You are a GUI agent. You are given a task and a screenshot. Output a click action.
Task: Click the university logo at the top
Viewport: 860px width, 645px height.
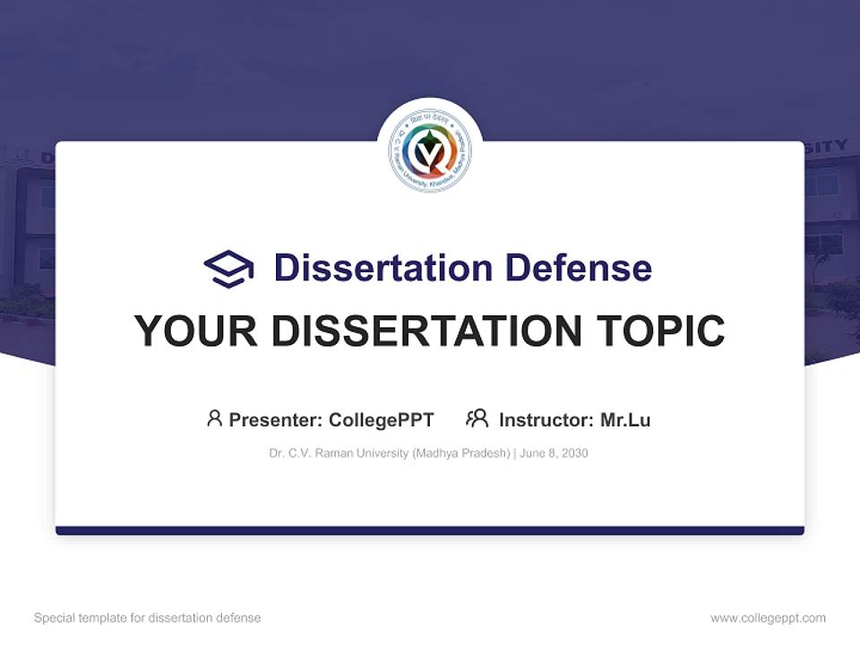click(430, 151)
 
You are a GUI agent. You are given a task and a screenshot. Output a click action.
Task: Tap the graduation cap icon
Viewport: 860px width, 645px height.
click(228, 268)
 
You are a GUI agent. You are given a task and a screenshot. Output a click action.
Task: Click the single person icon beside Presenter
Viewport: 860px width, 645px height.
click(214, 418)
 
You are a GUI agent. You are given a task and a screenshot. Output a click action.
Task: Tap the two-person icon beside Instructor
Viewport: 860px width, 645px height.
click(477, 418)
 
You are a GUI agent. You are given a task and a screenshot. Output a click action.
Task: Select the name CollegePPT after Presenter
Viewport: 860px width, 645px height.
click(382, 419)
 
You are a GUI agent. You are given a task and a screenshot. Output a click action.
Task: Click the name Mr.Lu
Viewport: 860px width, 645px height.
click(625, 419)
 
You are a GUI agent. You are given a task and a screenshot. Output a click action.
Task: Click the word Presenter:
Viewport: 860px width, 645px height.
click(276, 419)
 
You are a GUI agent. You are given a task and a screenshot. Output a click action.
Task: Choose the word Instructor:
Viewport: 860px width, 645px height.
click(546, 419)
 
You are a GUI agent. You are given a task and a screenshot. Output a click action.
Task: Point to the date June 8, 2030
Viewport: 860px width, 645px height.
click(554, 453)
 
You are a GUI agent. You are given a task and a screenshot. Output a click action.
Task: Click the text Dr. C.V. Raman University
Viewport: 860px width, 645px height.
click(339, 453)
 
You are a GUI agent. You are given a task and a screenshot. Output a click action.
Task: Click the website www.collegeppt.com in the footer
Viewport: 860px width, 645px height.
click(768, 618)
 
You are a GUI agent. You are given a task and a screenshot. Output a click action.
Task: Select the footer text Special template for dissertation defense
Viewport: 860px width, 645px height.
click(147, 618)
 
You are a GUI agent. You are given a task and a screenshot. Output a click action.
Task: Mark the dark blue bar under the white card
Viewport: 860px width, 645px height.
click(430, 530)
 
